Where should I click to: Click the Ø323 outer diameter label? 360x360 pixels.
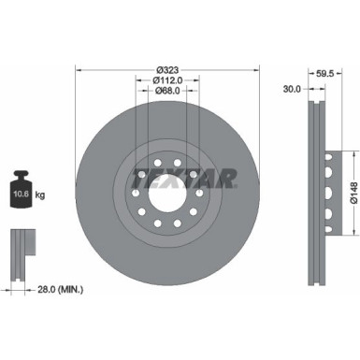coord(167,69)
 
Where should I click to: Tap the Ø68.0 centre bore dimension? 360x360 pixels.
coord(167,91)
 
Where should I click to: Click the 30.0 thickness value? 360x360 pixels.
coord(292,90)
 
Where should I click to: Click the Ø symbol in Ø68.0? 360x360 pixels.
coord(155,91)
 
